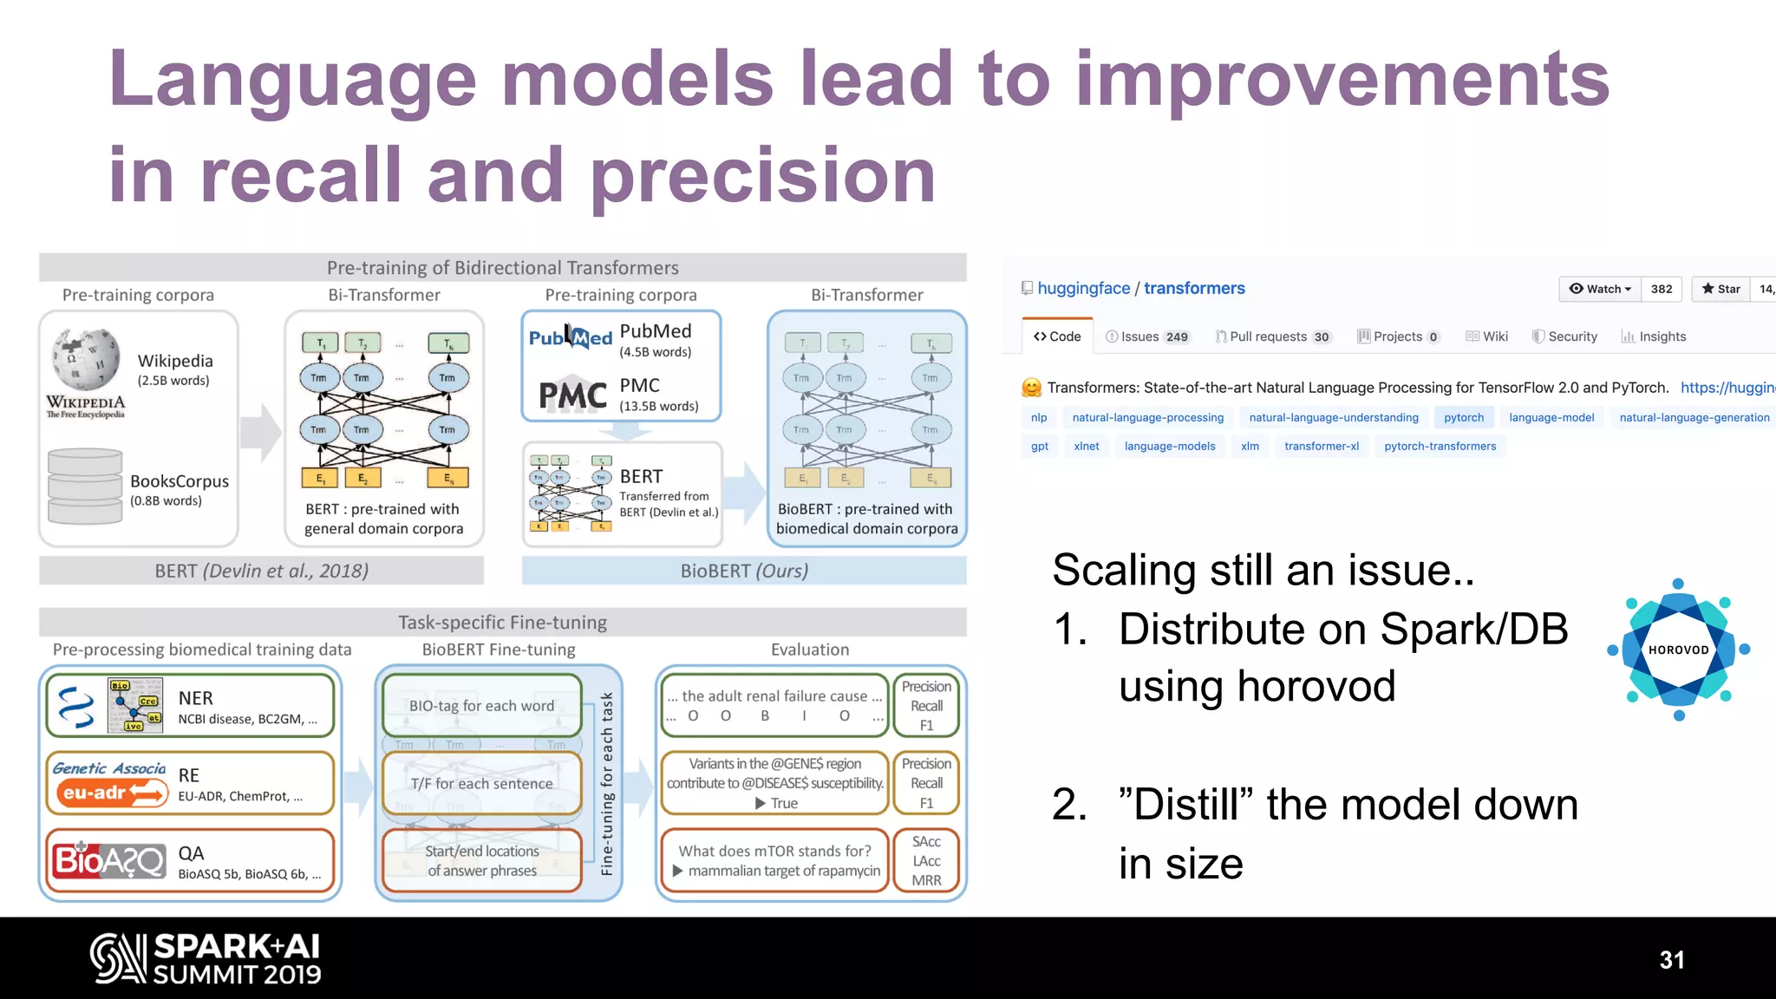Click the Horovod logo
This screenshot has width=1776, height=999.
coord(1678,650)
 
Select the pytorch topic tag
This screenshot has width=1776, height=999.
coord(1463,417)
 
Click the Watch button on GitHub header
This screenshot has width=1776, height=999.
coord(1600,289)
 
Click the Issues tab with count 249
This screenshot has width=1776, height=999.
coord(1147,336)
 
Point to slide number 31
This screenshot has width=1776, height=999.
coord(1671,959)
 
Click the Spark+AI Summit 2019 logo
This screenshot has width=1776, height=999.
coord(206,958)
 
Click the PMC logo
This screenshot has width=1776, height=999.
coord(572,395)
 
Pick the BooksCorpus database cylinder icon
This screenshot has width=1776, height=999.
coord(85,486)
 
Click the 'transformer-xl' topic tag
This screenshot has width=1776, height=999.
coord(1321,446)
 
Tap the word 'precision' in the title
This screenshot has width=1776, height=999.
coord(763,176)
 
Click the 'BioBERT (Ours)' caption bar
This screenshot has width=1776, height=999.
coord(743,571)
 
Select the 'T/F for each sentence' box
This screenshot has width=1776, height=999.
coord(481,783)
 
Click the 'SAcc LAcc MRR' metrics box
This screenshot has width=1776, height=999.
coord(925,860)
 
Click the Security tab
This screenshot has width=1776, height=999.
coord(1564,336)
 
